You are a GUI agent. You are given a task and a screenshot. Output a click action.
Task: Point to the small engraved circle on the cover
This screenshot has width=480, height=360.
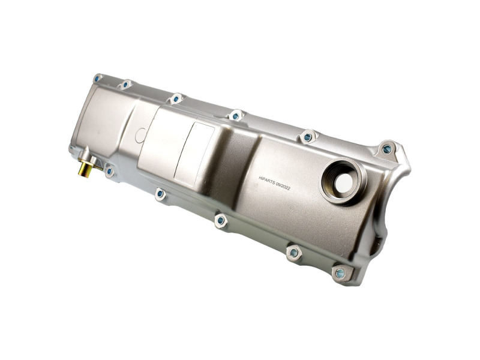140,136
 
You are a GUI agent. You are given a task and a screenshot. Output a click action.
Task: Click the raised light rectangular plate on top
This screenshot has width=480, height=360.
194,155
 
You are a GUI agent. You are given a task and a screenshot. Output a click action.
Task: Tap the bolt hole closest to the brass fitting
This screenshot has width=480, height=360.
109,171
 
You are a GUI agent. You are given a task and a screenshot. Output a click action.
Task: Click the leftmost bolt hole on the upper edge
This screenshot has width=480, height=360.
97,78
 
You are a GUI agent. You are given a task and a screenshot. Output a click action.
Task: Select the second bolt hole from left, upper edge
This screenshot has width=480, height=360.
125,84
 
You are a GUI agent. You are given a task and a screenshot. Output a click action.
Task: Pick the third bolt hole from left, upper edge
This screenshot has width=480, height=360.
176,98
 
